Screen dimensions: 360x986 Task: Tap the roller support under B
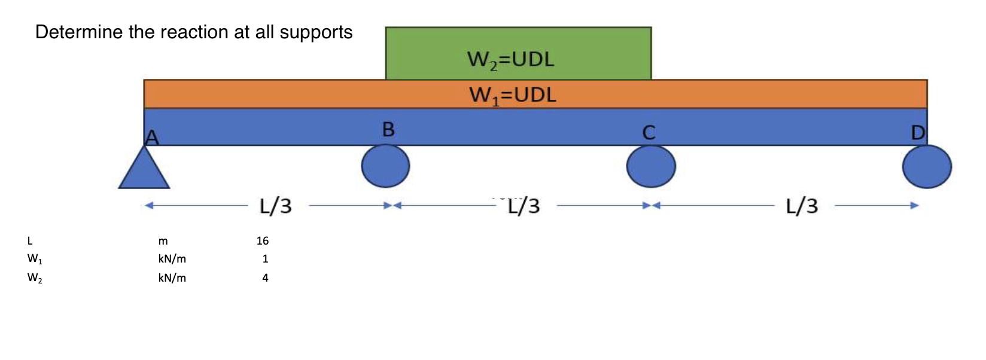(x=385, y=166)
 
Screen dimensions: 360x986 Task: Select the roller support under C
(x=651, y=166)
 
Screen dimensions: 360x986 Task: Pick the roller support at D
(x=927, y=167)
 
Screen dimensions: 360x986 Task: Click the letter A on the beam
(x=152, y=138)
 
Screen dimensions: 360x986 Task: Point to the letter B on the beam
(x=388, y=129)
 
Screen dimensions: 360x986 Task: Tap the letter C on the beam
(x=649, y=132)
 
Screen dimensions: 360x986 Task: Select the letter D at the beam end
(x=918, y=132)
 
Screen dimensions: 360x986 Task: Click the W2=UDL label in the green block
(x=510, y=60)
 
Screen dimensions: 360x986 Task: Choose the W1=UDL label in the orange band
(x=513, y=95)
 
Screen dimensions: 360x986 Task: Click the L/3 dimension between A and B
(x=276, y=206)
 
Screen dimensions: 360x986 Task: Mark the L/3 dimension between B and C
(x=524, y=206)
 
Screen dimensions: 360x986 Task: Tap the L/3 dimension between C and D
(x=802, y=206)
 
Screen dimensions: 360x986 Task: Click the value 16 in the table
(x=262, y=241)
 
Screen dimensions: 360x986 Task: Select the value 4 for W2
(x=265, y=278)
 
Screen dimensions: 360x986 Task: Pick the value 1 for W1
(x=265, y=259)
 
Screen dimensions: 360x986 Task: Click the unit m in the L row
(x=163, y=242)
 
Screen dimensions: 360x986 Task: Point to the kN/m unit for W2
(x=172, y=278)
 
